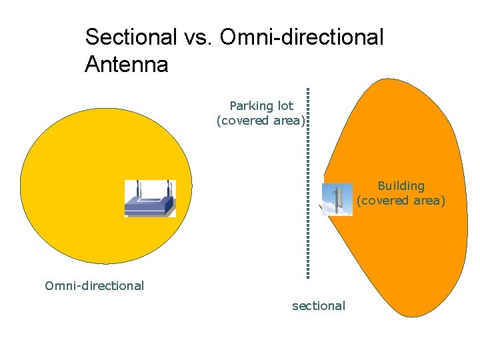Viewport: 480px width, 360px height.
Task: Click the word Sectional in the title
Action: (x=128, y=37)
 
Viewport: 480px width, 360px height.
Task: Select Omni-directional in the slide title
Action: (x=301, y=37)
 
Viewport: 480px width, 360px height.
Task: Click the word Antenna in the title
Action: (x=127, y=65)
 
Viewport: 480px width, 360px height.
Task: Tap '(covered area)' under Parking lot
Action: (x=261, y=121)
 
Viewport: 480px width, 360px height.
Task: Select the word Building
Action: (x=401, y=185)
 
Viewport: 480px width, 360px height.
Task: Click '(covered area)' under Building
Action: (x=401, y=200)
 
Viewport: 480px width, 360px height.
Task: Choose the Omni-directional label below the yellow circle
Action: (x=94, y=286)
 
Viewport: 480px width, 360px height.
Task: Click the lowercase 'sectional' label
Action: (x=319, y=306)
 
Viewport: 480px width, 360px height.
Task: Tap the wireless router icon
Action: (x=150, y=199)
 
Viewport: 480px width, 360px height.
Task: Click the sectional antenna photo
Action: (x=337, y=199)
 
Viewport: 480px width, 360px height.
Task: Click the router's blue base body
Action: (x=150, y=207)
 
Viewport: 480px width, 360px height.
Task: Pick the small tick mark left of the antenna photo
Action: (x=319, y=209)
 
